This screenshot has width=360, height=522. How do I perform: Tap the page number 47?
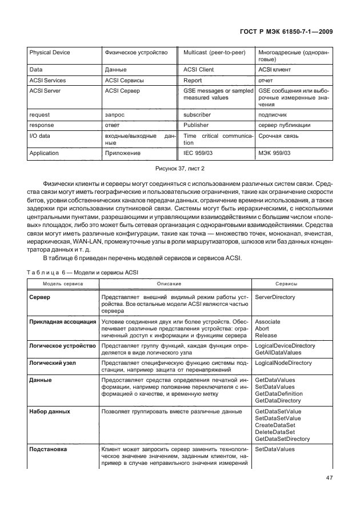[x=328, y=477]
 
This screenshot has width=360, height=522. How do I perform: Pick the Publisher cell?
[x=196, y=125]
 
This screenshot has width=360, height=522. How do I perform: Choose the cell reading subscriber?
[x=198, y=114]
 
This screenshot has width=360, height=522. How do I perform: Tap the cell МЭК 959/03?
[x=275, y=153]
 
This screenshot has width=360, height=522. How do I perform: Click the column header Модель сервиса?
[x=62, y=284]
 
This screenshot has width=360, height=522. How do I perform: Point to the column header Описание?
[x=169, y=284]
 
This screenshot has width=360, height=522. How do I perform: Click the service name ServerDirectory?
[x=275, y=298]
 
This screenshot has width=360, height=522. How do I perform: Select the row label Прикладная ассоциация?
[x=62, y=322]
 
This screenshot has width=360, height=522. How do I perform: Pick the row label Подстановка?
[x=47, y=449]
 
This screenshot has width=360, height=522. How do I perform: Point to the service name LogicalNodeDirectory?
[x=283, y=363]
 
